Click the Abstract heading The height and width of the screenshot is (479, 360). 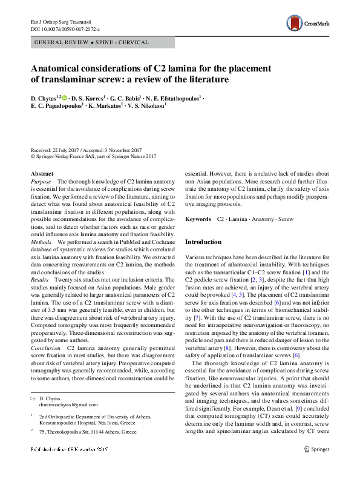point(41,174)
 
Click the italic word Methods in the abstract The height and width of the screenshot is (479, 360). point(41,241)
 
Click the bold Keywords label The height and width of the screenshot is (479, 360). point(198,219)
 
